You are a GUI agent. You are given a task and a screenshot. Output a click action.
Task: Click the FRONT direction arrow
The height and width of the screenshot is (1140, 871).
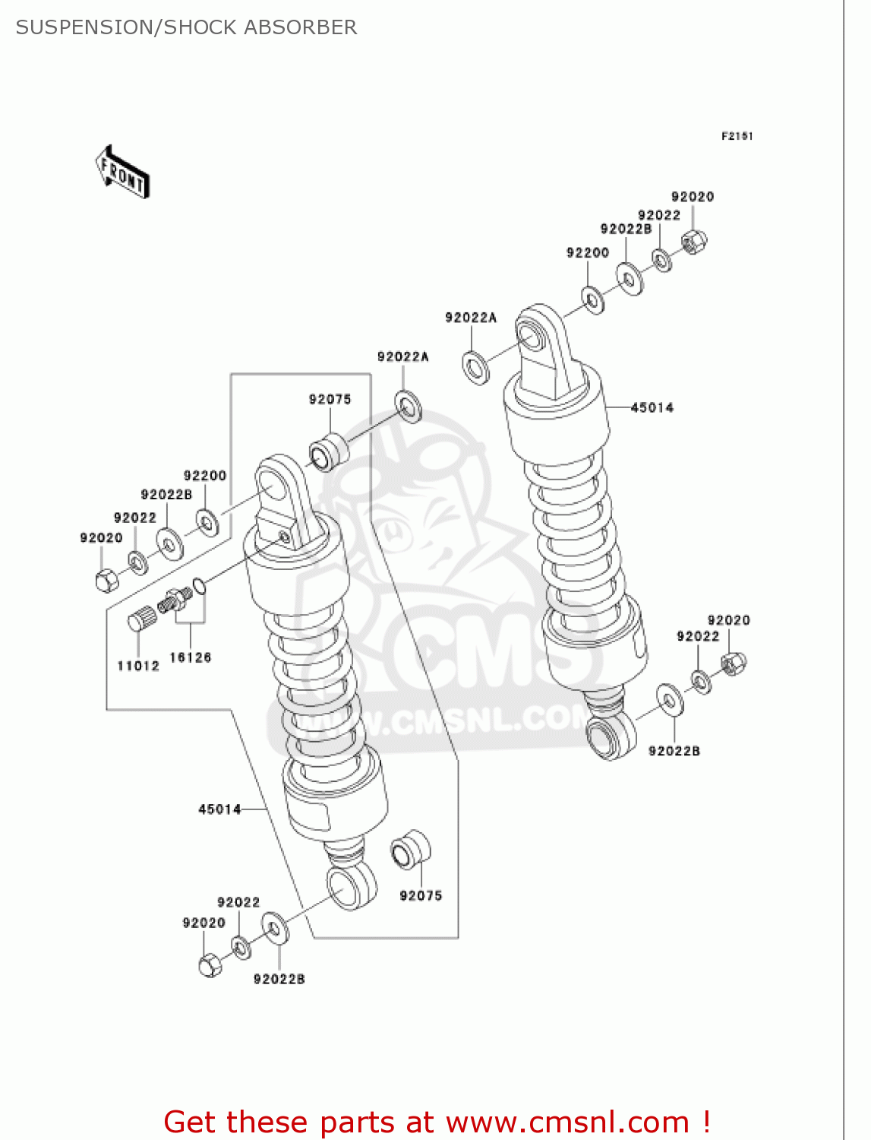(x=122, y=173)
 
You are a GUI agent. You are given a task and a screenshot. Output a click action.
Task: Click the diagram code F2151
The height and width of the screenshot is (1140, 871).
(x=737, y=136)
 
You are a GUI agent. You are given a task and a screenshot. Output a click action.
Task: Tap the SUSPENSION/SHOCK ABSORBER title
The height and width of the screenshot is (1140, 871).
(x=186, y=27)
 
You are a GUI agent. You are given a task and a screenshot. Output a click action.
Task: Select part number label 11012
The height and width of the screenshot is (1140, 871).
(x=138, y=666)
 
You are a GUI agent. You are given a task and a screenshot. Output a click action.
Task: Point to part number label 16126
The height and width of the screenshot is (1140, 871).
(x=190, y=657)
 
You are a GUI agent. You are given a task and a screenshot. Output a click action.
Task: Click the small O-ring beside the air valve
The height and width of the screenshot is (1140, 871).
(x=199, y=586)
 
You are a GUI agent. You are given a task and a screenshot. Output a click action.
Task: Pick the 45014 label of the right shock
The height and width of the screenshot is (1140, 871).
(x=652, y=407)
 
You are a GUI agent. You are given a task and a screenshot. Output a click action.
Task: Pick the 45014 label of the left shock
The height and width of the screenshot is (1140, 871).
(x=219, y=809)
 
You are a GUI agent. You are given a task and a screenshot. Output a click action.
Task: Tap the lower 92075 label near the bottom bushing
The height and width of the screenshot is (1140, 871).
(x=421, y=895)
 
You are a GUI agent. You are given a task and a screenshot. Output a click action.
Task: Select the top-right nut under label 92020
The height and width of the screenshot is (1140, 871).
(x=694, y=242)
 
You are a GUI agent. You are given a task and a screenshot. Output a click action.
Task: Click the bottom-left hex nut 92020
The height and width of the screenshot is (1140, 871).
(x=210, y=965)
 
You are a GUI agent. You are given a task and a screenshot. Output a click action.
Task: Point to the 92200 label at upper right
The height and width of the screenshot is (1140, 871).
(x=588, y=252)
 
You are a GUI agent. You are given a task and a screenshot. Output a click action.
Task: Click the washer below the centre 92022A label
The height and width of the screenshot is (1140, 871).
(x=409, y=407)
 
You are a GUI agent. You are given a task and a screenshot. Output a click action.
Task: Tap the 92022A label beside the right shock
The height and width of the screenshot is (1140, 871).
(x=471, y=318)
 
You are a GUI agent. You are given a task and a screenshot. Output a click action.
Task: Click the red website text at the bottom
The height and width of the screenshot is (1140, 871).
(x=437, y=1122)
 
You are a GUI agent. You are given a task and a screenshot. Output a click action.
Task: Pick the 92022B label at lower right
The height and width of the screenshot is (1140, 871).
(x=674, y=751)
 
